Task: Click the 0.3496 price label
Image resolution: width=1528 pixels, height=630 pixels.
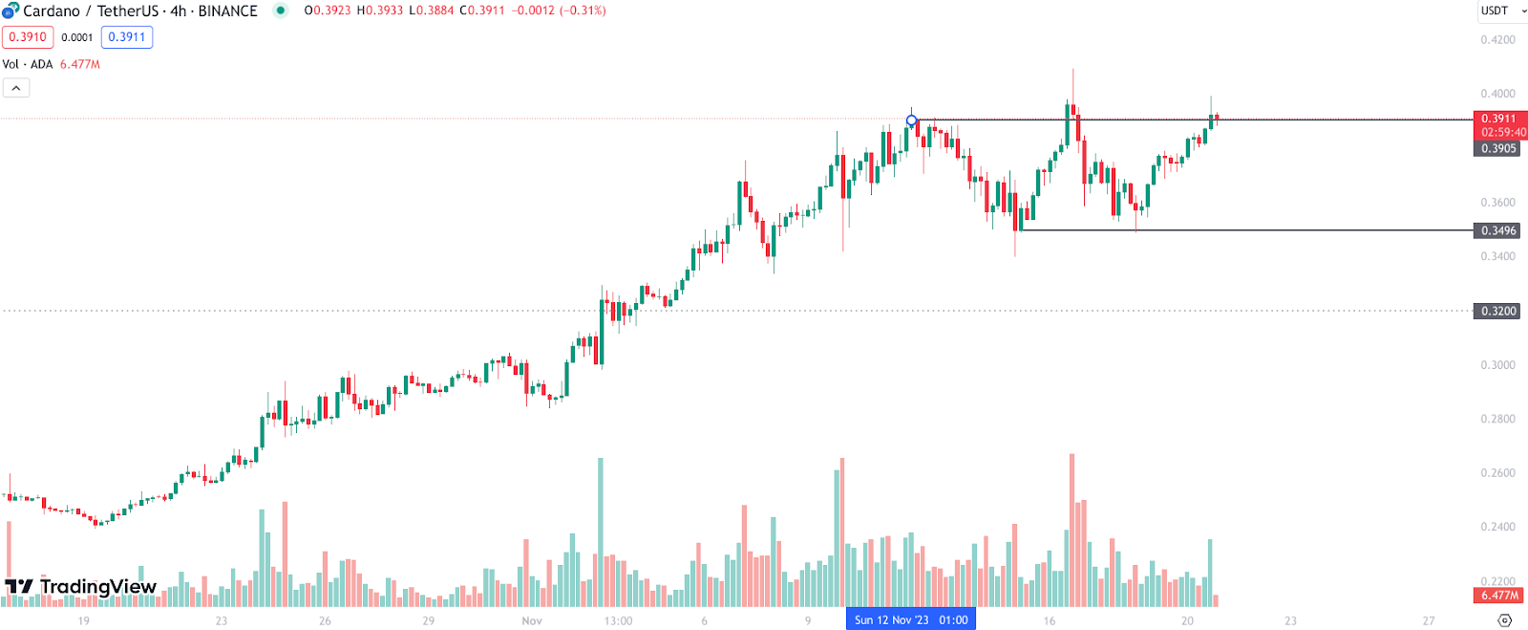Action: coord(1497,230)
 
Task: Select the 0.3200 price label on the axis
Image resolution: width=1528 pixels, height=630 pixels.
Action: coord(1497,311)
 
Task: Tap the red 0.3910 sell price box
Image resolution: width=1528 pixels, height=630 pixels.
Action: coord(28,37)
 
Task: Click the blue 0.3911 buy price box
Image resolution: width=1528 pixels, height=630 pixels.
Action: coord(127,37)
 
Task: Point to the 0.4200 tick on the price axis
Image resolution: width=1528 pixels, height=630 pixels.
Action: coord(1497,40)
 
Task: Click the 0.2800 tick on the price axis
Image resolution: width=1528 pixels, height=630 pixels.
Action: coord(1497,419)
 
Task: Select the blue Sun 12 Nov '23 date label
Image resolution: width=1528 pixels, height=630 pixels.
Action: coord(910,619)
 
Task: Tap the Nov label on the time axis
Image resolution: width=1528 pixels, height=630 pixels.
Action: coord(532,620)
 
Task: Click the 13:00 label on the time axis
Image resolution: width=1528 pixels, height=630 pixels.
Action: coord(618,620)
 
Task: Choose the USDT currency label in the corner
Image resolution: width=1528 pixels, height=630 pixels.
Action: coord(1495,11)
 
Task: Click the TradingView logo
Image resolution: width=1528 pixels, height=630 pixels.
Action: coord(80,586)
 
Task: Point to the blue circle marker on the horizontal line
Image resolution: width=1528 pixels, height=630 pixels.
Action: coord(912,120)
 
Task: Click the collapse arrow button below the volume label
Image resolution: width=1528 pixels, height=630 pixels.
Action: coord(16,88)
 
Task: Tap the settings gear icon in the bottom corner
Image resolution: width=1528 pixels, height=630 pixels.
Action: coord(1505,619)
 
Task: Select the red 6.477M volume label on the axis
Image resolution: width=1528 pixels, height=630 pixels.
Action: coord(1499,595)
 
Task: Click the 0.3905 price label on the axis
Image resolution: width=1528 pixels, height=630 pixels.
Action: coord(1497,148)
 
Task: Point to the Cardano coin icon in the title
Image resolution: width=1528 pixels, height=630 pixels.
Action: coord(11,11)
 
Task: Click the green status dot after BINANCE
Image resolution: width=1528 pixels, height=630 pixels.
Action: coord(281,11)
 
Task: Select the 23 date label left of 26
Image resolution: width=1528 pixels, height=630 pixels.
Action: coord(222,620)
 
